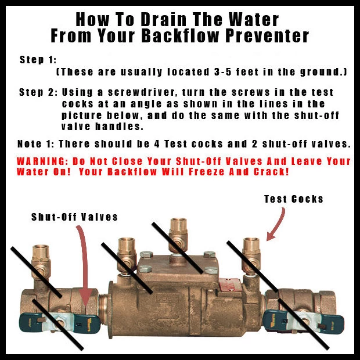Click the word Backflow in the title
click(180, 35)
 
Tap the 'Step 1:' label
click(38, 60)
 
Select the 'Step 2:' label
click(38, 92)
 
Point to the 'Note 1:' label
click(36, 144)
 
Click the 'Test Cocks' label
click(294, 199)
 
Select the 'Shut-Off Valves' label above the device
click(75, 217)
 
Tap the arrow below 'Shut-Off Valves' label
click(84, 264)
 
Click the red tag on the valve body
click(227, 285)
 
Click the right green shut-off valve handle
click(303, 322)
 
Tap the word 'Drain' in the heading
click(164, 20)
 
